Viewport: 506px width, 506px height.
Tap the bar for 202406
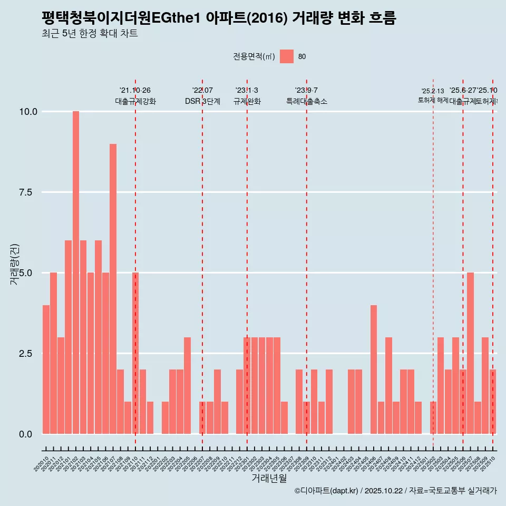tap(374, 369)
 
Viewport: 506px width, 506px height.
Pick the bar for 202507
tap(470, 353)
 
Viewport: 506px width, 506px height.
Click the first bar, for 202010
tap(46, 369)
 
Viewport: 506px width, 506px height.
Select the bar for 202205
tap(187, 385)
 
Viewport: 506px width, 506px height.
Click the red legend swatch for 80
tap(287, 56)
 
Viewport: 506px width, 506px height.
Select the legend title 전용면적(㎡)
tap(254, 57)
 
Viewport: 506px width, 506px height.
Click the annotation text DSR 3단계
tap(202, 101)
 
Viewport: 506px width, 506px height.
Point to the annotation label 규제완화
tap(247, 101)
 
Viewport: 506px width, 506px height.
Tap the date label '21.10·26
tap(135, 91)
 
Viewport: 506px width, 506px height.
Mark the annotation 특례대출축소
tap(307, 101)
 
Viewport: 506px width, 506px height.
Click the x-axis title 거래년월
tap(269, 478)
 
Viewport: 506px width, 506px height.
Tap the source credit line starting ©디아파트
tap(396, 491)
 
